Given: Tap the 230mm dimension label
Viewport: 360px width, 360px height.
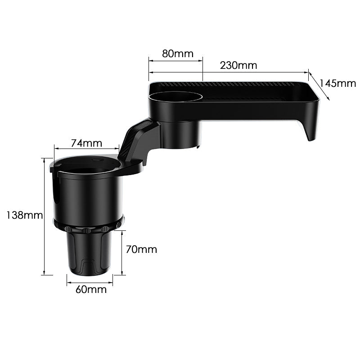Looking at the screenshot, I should pyautogui.click(x=238, y=65).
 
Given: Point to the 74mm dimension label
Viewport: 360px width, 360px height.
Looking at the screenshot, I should pyautogui.click(x=86, y=143).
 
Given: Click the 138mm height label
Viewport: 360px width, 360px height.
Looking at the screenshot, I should pyautogui.click(x=23, y=215).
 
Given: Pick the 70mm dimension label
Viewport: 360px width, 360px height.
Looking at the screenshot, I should pyautogui.click(x=141, y=249).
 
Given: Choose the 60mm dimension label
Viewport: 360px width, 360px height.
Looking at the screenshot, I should pyautogui.click(x=91, y=289).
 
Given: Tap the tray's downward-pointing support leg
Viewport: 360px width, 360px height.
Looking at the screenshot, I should pyautogui.click(x=310, y=130).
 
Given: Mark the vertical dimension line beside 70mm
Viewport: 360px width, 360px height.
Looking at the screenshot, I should pyautogui.click(x=122, y=252).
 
